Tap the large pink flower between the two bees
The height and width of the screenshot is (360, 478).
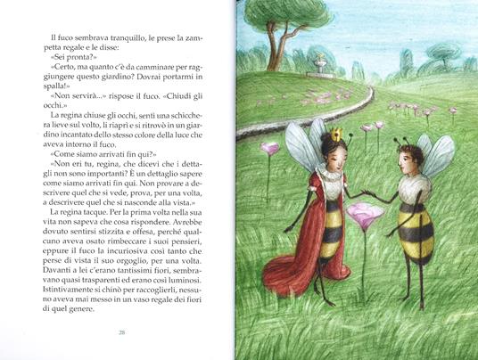[x=364, y=214]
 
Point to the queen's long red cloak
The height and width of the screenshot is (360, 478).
[x=293, y=241]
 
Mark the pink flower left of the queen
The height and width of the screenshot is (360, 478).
[x=269, y=149]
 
